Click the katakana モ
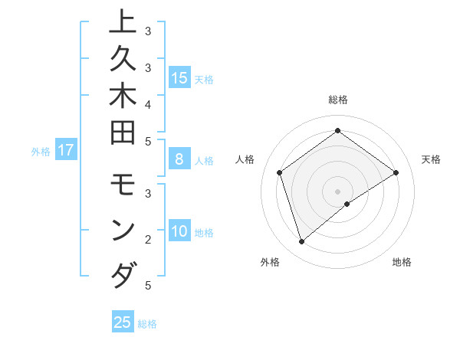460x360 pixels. click(123, 188)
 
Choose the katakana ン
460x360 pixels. click(123, 231)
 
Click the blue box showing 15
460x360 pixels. click(179, 77)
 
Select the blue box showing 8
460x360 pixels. click(179, 160)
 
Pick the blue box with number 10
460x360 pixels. click(179, 232)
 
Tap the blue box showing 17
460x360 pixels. click(66, 151)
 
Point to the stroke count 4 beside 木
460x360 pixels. click(148, 104)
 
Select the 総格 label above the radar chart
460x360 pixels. click(337, 100)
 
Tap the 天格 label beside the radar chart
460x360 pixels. click(431, 159)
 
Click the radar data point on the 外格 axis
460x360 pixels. click(301, 242)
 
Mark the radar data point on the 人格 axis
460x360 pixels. click(280, 172)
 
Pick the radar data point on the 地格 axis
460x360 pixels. click(347, 204)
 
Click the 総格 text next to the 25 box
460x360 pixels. click(147, 324)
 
